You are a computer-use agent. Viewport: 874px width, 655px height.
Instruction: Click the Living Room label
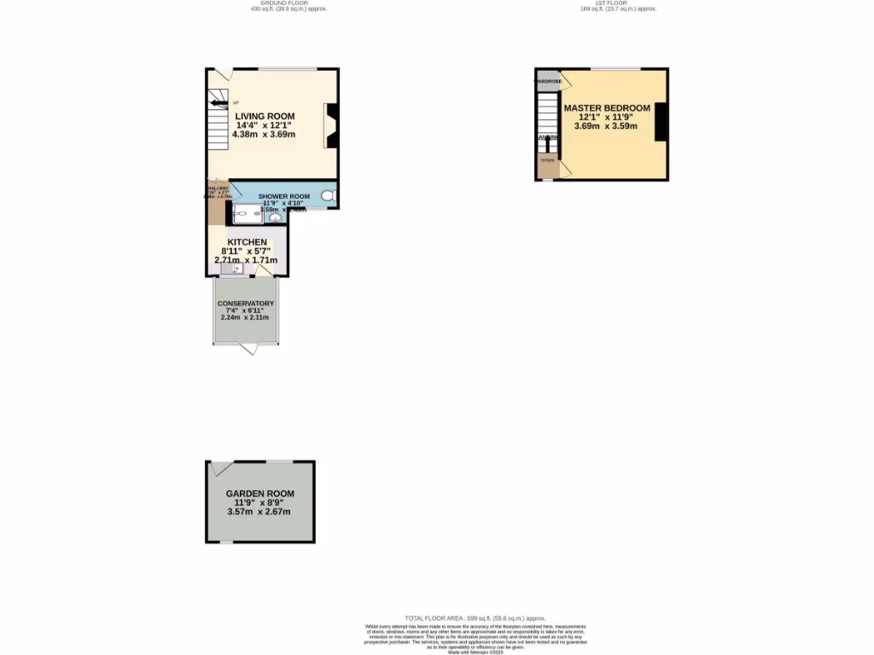pos(265,116)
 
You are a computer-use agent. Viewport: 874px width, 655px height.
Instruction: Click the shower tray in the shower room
pos(246,215)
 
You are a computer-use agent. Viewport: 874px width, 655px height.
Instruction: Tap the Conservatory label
pos(246,304)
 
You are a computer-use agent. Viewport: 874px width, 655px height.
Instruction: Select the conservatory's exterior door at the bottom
pos(248,348)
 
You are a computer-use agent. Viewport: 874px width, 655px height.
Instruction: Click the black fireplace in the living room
pos(332,125)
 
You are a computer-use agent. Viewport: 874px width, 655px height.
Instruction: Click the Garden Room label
pos(259,494)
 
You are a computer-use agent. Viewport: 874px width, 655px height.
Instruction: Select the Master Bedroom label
pos(607,108)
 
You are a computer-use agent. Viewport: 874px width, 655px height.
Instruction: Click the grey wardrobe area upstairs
pos(547,82)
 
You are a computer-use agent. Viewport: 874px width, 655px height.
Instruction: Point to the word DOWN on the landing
pos(546,159)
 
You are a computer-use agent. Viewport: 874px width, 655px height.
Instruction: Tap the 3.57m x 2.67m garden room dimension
pos(259,512)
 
